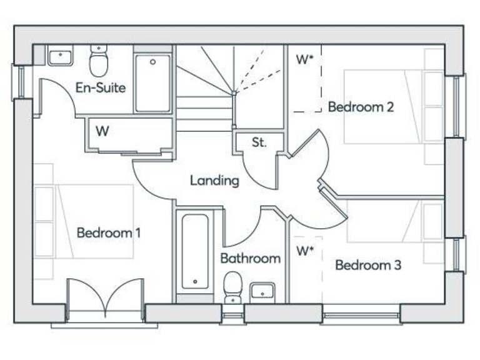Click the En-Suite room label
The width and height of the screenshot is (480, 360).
coord(100,87)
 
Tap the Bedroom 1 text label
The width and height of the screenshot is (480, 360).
coord(108,233)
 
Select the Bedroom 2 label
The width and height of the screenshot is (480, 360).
coord(361,107)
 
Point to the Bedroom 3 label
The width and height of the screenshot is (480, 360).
coord(368,265)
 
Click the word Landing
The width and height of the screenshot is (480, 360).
coord(214,181)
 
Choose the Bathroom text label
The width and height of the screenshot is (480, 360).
coord(250,258)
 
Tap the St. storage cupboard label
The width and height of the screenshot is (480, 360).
coord(259,142)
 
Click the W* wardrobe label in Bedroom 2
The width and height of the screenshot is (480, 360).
coord(304,60)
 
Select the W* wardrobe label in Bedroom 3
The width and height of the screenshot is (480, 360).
coord(304,251)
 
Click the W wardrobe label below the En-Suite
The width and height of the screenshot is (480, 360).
coord(102,131)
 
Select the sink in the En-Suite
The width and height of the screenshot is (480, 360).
coord(60,56)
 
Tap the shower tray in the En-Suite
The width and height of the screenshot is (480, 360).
coord(153,84)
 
